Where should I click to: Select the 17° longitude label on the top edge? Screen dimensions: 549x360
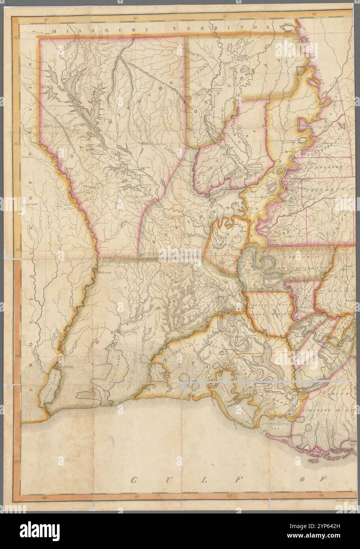point(47,19)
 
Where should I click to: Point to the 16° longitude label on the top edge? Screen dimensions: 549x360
point(135,18)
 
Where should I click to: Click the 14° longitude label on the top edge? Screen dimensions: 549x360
point(315,15)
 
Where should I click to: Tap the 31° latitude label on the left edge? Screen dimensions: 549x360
point(17,250)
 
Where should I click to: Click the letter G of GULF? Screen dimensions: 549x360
point(134,480)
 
